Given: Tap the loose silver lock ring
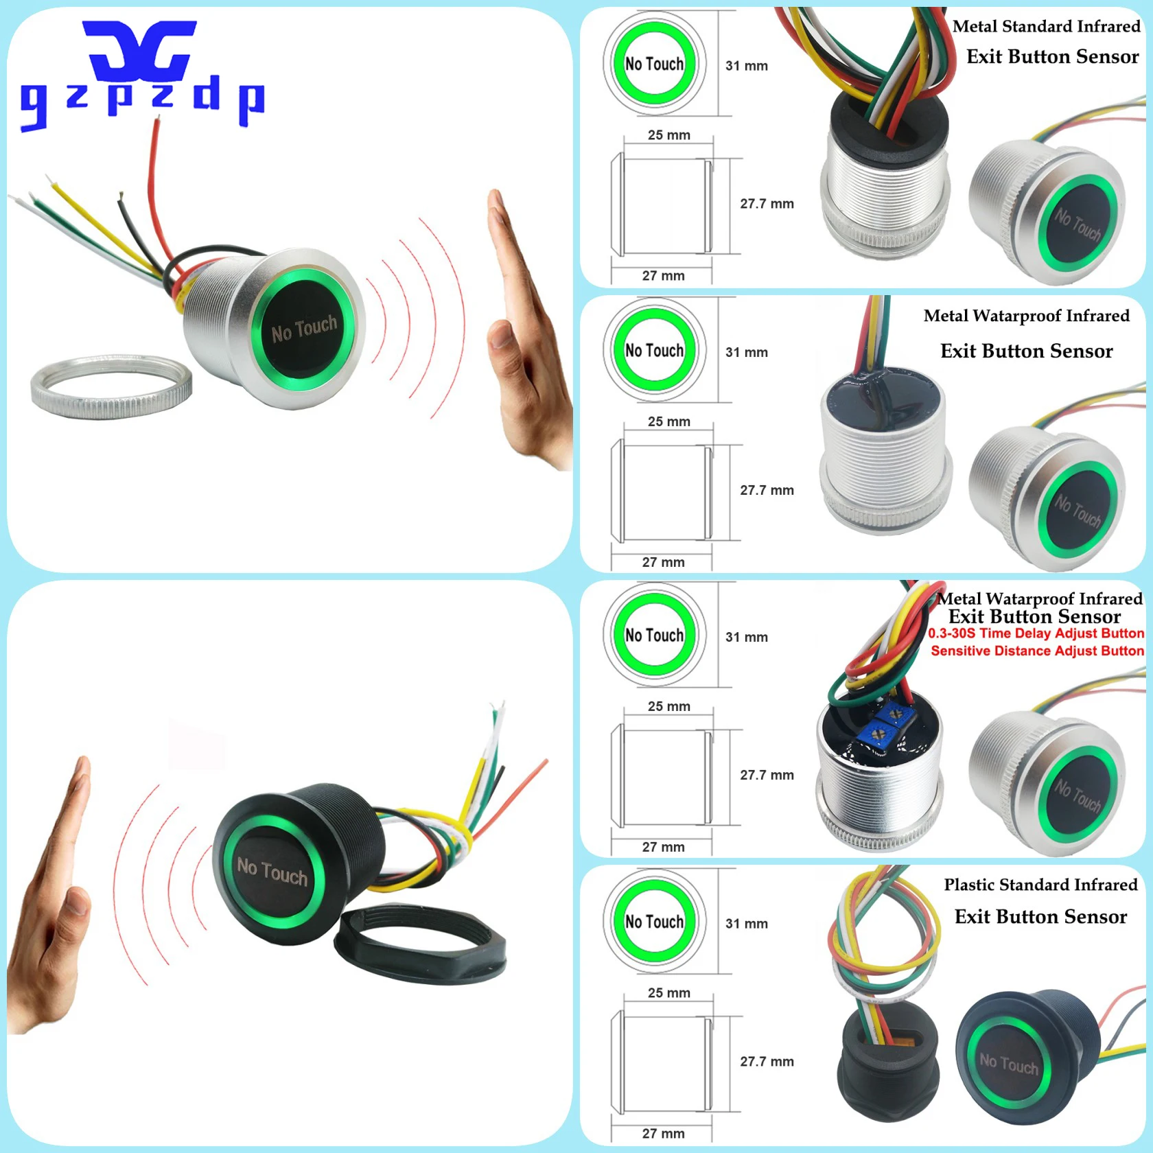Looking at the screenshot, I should [111, 387].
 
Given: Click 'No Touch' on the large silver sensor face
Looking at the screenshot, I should [304, 329].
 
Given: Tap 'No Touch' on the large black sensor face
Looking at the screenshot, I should [272, 871].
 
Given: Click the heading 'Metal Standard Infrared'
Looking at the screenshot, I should [1045, 27].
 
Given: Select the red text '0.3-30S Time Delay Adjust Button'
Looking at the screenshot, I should [1036, 633].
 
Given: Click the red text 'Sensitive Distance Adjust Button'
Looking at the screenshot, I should [1037, 651].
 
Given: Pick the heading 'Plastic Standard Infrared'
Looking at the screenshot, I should [1040, 885].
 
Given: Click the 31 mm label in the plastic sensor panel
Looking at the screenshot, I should [746, 924].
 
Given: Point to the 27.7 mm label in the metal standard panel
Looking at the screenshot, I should [767, 204].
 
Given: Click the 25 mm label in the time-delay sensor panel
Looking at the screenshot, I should [668, 706].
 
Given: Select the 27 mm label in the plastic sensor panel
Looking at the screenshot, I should [663, 1133].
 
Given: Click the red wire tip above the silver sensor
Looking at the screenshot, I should [157, 124].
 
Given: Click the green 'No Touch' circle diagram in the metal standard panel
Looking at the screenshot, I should [654, 64].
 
